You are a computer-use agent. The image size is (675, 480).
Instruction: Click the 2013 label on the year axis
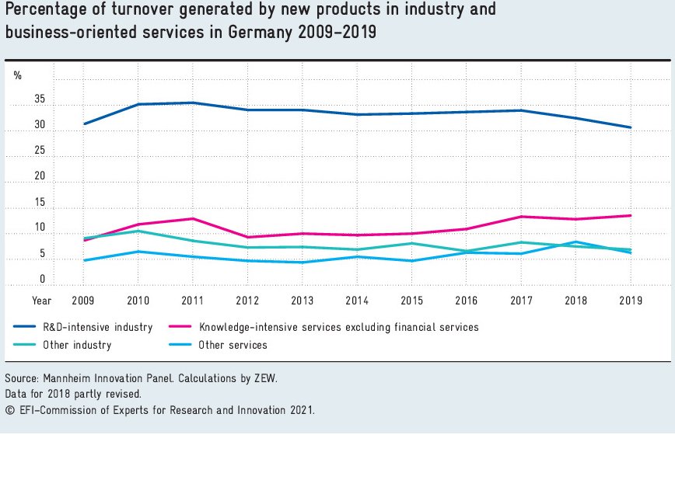pos(303,300)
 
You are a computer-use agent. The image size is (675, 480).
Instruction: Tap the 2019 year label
pos(631,300)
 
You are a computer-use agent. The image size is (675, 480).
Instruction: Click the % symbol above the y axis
pos(17,75)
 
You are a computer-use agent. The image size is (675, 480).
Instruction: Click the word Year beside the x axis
pos(41,300)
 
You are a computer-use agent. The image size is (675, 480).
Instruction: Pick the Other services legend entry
pos(233,346)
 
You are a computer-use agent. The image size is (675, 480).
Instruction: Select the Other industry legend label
pos(77,346)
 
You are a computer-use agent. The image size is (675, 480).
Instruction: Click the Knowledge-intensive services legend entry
pos(338,328)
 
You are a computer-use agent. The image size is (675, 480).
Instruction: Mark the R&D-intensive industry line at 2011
pos(193,103)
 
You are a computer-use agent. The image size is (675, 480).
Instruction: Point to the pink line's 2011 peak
pos(193,218)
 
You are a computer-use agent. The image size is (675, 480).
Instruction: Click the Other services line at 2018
pos(576,242)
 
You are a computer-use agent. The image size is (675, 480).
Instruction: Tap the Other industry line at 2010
pos(138,231)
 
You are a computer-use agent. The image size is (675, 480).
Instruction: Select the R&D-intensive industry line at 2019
pos(631,127)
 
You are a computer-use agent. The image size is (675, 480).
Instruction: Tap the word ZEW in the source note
pos(265,379)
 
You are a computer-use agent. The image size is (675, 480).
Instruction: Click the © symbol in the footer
pos(9,409)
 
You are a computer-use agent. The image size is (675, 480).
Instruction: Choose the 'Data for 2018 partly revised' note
pos(73,394)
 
